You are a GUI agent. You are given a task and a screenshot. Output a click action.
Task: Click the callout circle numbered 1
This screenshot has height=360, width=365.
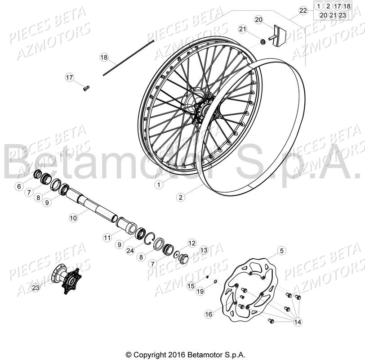tap(158, 184)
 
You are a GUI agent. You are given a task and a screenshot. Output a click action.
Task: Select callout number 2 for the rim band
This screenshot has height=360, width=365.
tap(180, 197)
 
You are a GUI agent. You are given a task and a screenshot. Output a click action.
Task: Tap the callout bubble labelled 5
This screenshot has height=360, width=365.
tap(281, 251)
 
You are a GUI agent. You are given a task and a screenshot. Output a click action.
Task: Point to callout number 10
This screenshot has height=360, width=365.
tap(73, 218)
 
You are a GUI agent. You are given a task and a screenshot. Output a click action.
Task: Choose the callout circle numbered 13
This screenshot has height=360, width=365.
tap(204, 250)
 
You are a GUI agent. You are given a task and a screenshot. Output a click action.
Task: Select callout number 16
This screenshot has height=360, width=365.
tap(208, 314)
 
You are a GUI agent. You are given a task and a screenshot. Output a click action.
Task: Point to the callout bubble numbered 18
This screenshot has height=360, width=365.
tap(104, 58)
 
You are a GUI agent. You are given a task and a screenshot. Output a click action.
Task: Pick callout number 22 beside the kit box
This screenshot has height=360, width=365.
tap(303, 10)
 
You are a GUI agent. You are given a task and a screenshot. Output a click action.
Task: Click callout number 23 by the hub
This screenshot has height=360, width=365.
tap(36, 286)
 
